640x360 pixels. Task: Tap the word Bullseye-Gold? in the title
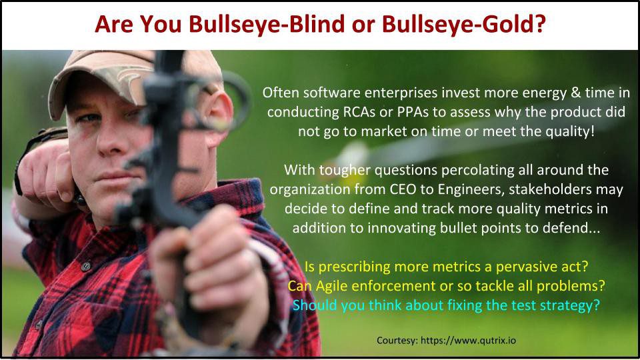(x=464, y=24)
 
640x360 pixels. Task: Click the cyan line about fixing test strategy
(x=446, y=305)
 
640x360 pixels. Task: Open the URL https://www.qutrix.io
(x=468, y=341)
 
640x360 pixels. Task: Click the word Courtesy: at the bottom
(x=397, y=341)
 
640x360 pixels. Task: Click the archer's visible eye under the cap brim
(x=89, y=118)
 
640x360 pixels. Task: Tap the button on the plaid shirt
(x=86, y=267)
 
